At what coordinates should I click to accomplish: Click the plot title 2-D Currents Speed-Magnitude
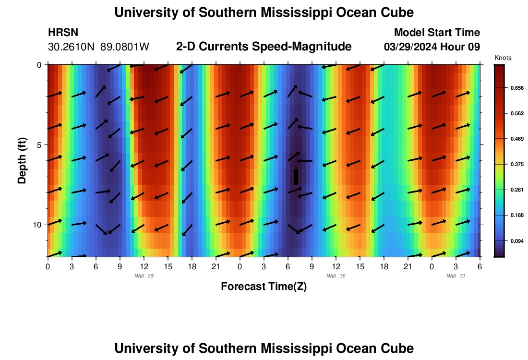pyautogui.click(x=264, y=47)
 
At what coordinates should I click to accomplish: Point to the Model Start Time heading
pyautogui.click(x=436, y=33)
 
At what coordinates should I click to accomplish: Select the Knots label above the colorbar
pyautogui.click(x=503, y=58)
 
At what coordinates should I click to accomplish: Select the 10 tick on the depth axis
pyautogui.click(x=37, y=225)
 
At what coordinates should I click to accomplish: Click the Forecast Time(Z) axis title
pyautogui.click(x=264, y=287)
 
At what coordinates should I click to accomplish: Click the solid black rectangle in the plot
pyautogui.click(x=296, y=177)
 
